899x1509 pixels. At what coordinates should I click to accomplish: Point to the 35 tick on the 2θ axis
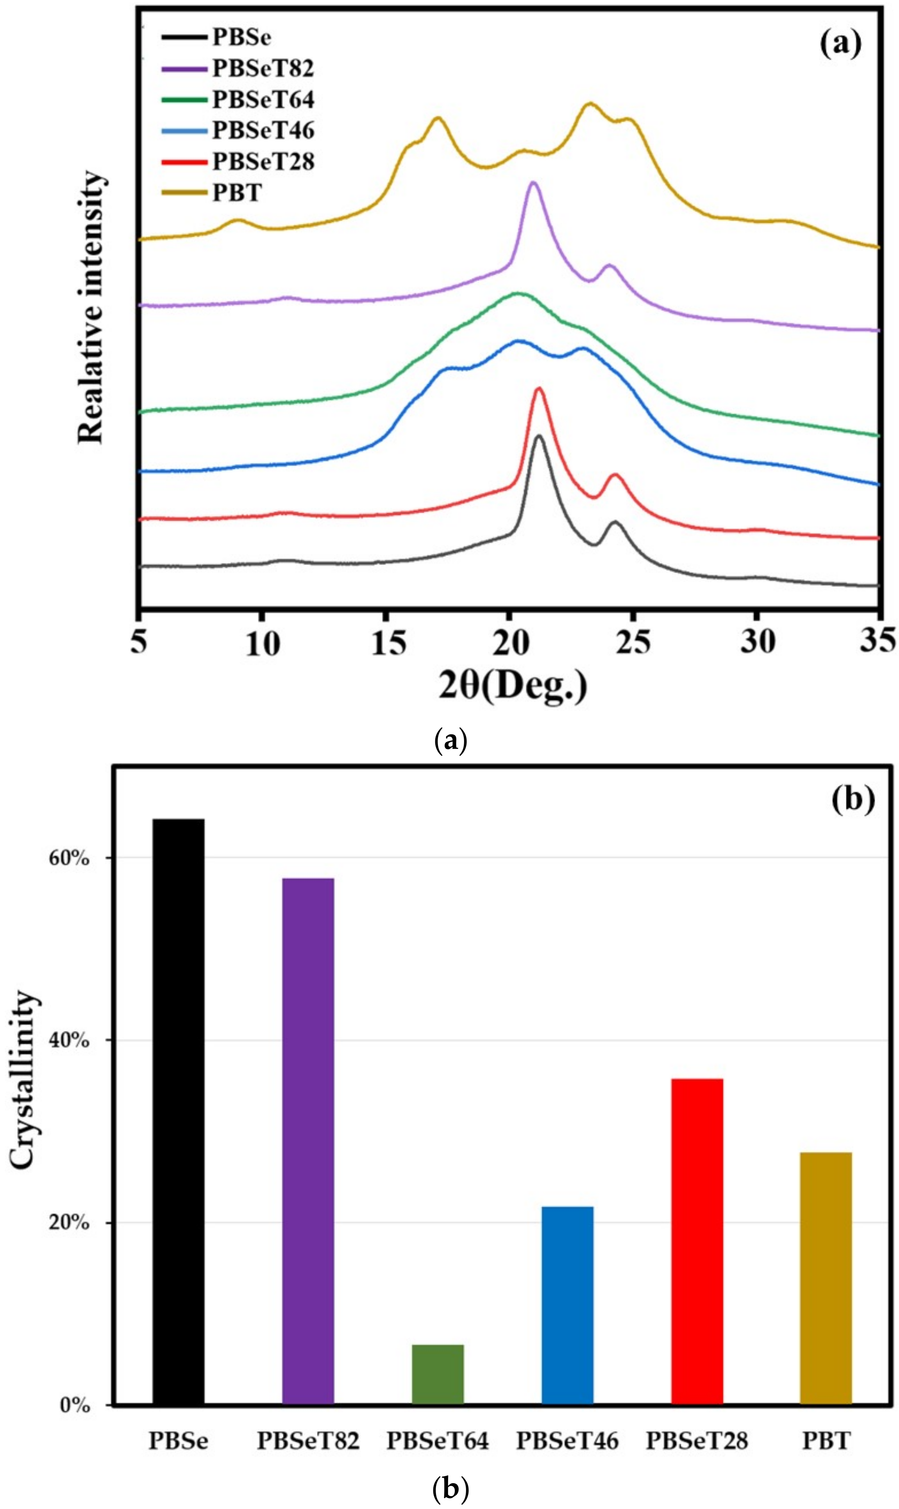(x=878, y=640)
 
